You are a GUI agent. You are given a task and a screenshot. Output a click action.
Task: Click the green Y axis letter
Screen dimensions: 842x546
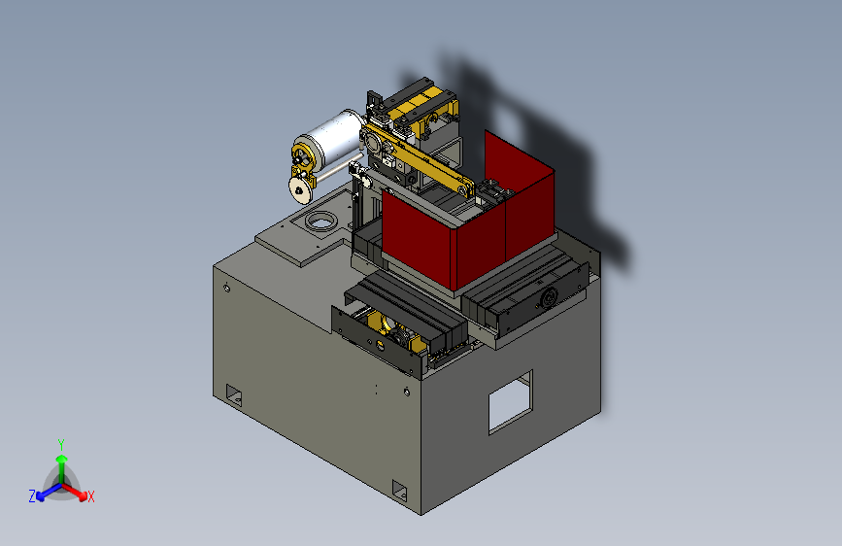point(61,444)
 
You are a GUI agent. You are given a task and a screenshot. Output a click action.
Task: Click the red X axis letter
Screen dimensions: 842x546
point(90,496)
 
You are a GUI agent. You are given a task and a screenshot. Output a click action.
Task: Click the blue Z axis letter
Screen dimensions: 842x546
point(32,496)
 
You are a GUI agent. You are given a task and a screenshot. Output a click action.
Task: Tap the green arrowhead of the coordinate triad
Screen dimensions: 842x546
point(62,460)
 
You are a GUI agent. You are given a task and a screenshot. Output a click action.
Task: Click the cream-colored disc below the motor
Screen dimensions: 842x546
point(300,189)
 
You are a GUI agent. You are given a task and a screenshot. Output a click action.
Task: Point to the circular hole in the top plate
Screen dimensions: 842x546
point(321,221)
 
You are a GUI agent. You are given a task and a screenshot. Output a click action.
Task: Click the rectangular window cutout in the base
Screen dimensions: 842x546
point(510,402)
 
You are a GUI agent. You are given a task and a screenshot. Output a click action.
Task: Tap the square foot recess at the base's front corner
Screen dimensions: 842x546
point(399,491)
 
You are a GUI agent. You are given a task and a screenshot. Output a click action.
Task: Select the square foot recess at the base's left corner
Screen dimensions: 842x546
point(234,395)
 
